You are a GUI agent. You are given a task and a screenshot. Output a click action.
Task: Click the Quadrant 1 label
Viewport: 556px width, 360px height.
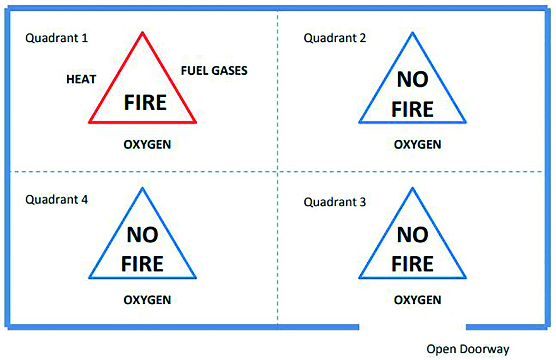tap(56, 38)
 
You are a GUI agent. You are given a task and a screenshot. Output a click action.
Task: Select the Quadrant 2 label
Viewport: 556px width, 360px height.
tap(335, 38)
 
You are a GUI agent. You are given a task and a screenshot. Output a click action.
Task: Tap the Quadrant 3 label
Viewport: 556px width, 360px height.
tap(335, 202)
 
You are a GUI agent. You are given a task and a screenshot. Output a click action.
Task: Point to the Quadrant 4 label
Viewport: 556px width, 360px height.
tap(56, 199)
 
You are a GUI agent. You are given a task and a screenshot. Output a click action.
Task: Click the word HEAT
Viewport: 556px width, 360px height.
tap(81, 79)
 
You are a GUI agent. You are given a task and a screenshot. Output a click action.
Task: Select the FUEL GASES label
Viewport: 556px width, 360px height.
tap(214, 71)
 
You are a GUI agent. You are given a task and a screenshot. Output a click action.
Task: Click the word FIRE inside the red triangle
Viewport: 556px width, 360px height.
tap(146, 102)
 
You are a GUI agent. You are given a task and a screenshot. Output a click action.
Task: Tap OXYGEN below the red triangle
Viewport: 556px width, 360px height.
tap(147, 144)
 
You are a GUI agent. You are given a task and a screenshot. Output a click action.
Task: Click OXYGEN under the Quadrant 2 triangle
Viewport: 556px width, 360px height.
tap(417, 144)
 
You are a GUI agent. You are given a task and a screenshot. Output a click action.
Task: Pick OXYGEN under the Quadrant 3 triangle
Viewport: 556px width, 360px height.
tap(417, 300)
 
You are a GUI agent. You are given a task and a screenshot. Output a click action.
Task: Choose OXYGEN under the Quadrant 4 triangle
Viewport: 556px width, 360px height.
tap(147, 300)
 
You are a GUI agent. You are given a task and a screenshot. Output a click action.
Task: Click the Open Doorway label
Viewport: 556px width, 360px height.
tap(468, 349)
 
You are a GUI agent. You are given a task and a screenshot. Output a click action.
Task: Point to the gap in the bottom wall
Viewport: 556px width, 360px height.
tap(412, 327)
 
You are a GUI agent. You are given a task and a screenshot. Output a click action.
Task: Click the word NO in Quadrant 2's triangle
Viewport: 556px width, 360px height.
tap(412, 79)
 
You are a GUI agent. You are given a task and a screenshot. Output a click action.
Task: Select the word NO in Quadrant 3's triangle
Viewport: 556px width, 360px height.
tap(412, 235)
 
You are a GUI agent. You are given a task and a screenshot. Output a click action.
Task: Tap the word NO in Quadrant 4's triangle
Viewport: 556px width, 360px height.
tap(142, 235)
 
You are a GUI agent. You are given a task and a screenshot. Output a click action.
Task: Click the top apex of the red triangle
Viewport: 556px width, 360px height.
tap(142, 32)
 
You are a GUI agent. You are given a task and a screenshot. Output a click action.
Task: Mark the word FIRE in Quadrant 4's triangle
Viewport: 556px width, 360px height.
tap(142, 264)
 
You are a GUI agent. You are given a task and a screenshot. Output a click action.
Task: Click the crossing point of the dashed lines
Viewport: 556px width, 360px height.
tap(277, 172)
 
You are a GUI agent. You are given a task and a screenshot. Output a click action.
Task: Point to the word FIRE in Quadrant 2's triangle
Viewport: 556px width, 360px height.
tap(412, 109)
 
